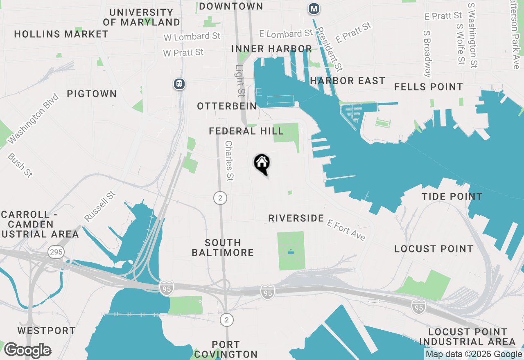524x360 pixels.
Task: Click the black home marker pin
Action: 262,164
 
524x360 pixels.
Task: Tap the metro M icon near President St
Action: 314,9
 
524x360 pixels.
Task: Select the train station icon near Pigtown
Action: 179,84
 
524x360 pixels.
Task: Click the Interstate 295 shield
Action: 56,252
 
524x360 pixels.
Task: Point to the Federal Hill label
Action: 246,131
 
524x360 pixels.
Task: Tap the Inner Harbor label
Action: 271,49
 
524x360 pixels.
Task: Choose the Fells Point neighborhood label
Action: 429,87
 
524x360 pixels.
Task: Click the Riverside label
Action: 296,218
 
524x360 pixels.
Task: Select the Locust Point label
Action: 434,249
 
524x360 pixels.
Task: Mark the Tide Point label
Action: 452,196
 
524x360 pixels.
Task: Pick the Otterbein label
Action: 227,106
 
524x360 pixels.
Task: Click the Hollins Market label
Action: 61,34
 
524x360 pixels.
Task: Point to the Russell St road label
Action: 99,207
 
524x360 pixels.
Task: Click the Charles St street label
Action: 229,161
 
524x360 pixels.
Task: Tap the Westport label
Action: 46,331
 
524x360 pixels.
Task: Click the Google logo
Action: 27,350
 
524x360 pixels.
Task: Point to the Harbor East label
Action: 348,81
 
